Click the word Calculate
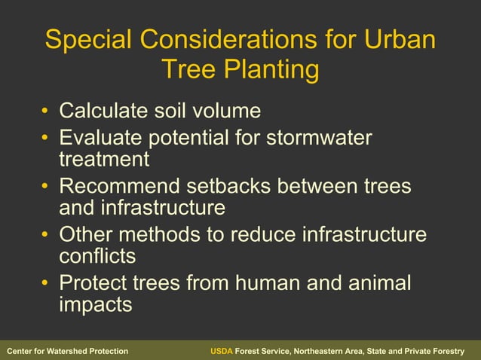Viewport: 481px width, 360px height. [x=103, y=111]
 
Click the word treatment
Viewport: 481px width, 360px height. [x=104, y=159]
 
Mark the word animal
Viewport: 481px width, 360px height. [x=380, y=283]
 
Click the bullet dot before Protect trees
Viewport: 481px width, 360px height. [x=46, y=284]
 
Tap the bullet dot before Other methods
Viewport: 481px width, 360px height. [x=46, y=235]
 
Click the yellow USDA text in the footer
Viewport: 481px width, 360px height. [x=221, y=352]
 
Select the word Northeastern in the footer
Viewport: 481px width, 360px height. [x=320, y=352]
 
